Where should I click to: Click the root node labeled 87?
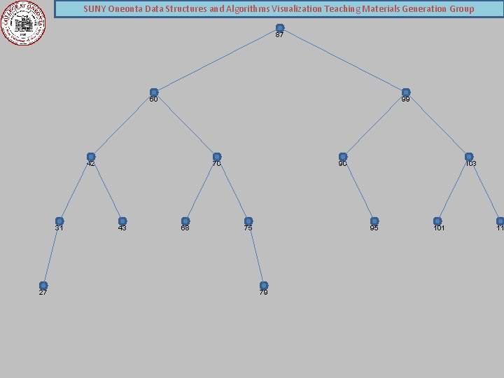pyautogui.click(x=280, y=28)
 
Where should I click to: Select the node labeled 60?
pyautogui.click(x=154, y=92)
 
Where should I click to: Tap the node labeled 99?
pyautogui.click(x=406, y=92)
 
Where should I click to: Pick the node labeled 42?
pyautogui.click(x=91, y=157)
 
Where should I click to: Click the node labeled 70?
pyautogui.click(x=217, y=157)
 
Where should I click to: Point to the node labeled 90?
pyautogui.click(x=343, y=157)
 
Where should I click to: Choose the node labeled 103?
pyautogui.click(x=469, y=157)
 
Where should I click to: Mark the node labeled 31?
pyautogui.click(x=59, y=221)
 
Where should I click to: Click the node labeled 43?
pyautogui.click(x=122, y=221)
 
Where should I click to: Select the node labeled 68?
pyautogui.click(x=185, y=221)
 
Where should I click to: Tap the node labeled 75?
pyautogui.click(x=248, y=221)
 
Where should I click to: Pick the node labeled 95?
pyautogui.click(x=374, y=221)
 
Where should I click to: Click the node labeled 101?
pyautogui.click(x=437, y=221)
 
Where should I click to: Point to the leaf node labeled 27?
pyautogui.click(x=43, y=286)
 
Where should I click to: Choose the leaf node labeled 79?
pyautogui.click(x=264, y=286)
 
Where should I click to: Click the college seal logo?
pyautogui.click(x=23, y=22)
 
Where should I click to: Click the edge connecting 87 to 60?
pyautogui.click(x=217, y=60)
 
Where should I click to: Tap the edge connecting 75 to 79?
pyautogui.click(x=256, y=253)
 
